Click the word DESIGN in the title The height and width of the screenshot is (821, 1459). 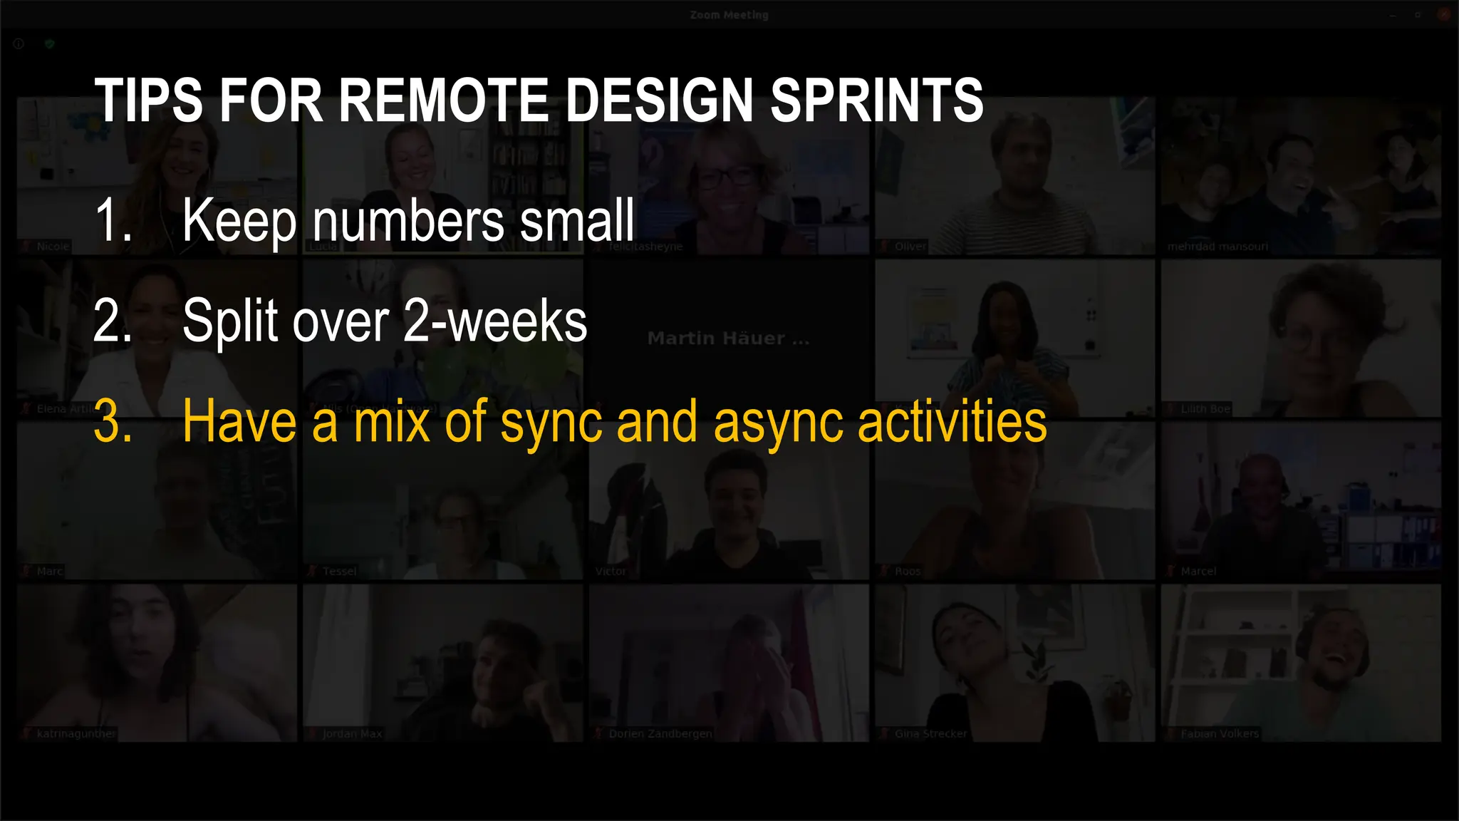659,100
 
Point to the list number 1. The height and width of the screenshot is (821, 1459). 113,220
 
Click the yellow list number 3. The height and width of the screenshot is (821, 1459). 113,422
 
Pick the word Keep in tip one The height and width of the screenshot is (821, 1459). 239,220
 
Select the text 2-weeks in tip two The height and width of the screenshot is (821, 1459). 495,321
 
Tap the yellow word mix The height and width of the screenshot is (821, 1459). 393,422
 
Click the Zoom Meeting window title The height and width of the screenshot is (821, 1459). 729,15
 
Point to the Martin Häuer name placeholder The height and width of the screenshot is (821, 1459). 728,339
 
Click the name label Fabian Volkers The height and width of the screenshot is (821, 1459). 1219,733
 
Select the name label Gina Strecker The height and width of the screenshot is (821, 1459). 930,733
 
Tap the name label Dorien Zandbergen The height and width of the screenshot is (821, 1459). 660,733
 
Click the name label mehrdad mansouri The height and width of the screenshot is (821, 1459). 1217,247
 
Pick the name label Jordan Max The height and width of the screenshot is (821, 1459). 352,733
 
